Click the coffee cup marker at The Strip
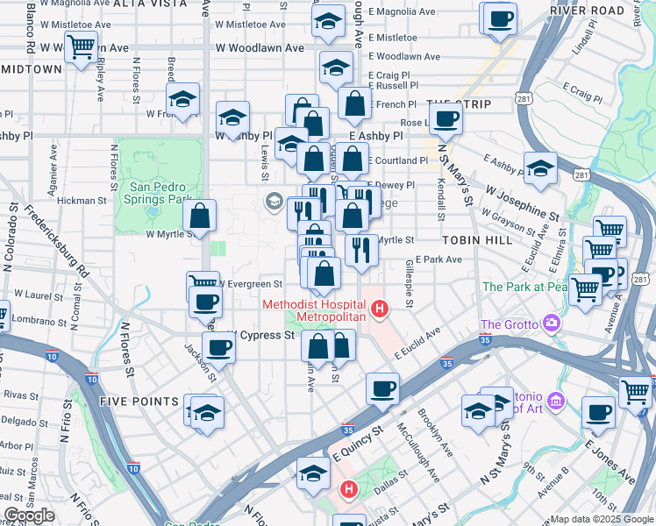pos(446,120)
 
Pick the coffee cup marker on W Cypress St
pos(218,347)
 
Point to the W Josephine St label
pos(522,202)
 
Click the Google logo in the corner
pos(29,515)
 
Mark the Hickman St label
pos(82,201)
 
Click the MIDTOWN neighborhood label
pos(32,68)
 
